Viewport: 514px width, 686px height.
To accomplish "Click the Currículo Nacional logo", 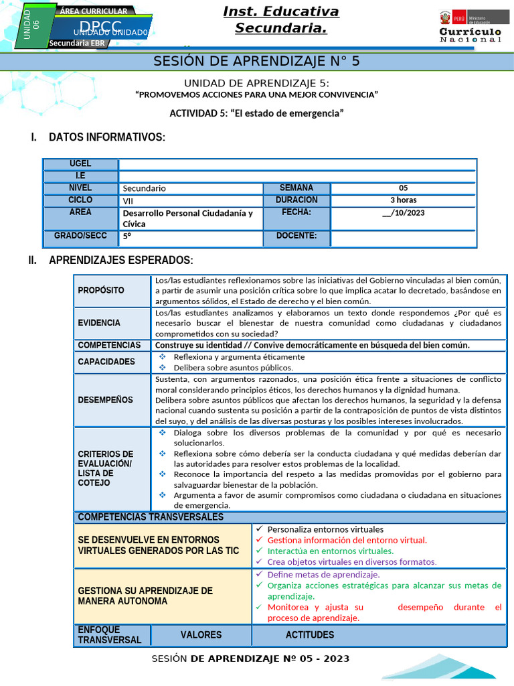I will pos(470,27).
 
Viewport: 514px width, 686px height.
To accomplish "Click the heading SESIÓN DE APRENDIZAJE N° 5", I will pos(257,61).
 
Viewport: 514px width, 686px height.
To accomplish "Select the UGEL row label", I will pos(80,164).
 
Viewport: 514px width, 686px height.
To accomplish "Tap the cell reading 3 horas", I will pos(403,200).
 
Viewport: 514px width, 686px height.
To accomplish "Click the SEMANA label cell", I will pos(296,188).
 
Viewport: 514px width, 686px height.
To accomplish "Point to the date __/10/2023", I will pos(403,213).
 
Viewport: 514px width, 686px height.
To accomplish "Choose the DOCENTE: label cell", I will pos(296,236).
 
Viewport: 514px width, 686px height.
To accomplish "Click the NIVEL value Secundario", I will pos(145,189).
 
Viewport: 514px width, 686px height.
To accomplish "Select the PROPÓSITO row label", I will pos(101,291).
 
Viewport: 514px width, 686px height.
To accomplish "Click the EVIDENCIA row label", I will pos(99,323).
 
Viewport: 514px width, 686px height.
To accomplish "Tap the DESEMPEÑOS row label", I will pos(105,400).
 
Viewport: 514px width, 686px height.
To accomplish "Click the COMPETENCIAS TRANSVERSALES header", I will pos(151,517).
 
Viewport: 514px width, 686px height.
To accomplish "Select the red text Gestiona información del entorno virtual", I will pos(347,540).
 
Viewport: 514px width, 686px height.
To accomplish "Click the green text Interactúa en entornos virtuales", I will pos(331,551).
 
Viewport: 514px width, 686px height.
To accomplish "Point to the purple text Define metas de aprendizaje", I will pos(323,575).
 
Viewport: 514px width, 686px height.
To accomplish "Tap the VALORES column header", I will pos(201,635).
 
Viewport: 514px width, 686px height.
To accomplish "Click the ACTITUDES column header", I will pos(310,635).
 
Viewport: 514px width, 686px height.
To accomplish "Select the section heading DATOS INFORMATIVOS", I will pos(106,137).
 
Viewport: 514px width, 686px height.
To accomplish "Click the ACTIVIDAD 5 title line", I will pos(256,113).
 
